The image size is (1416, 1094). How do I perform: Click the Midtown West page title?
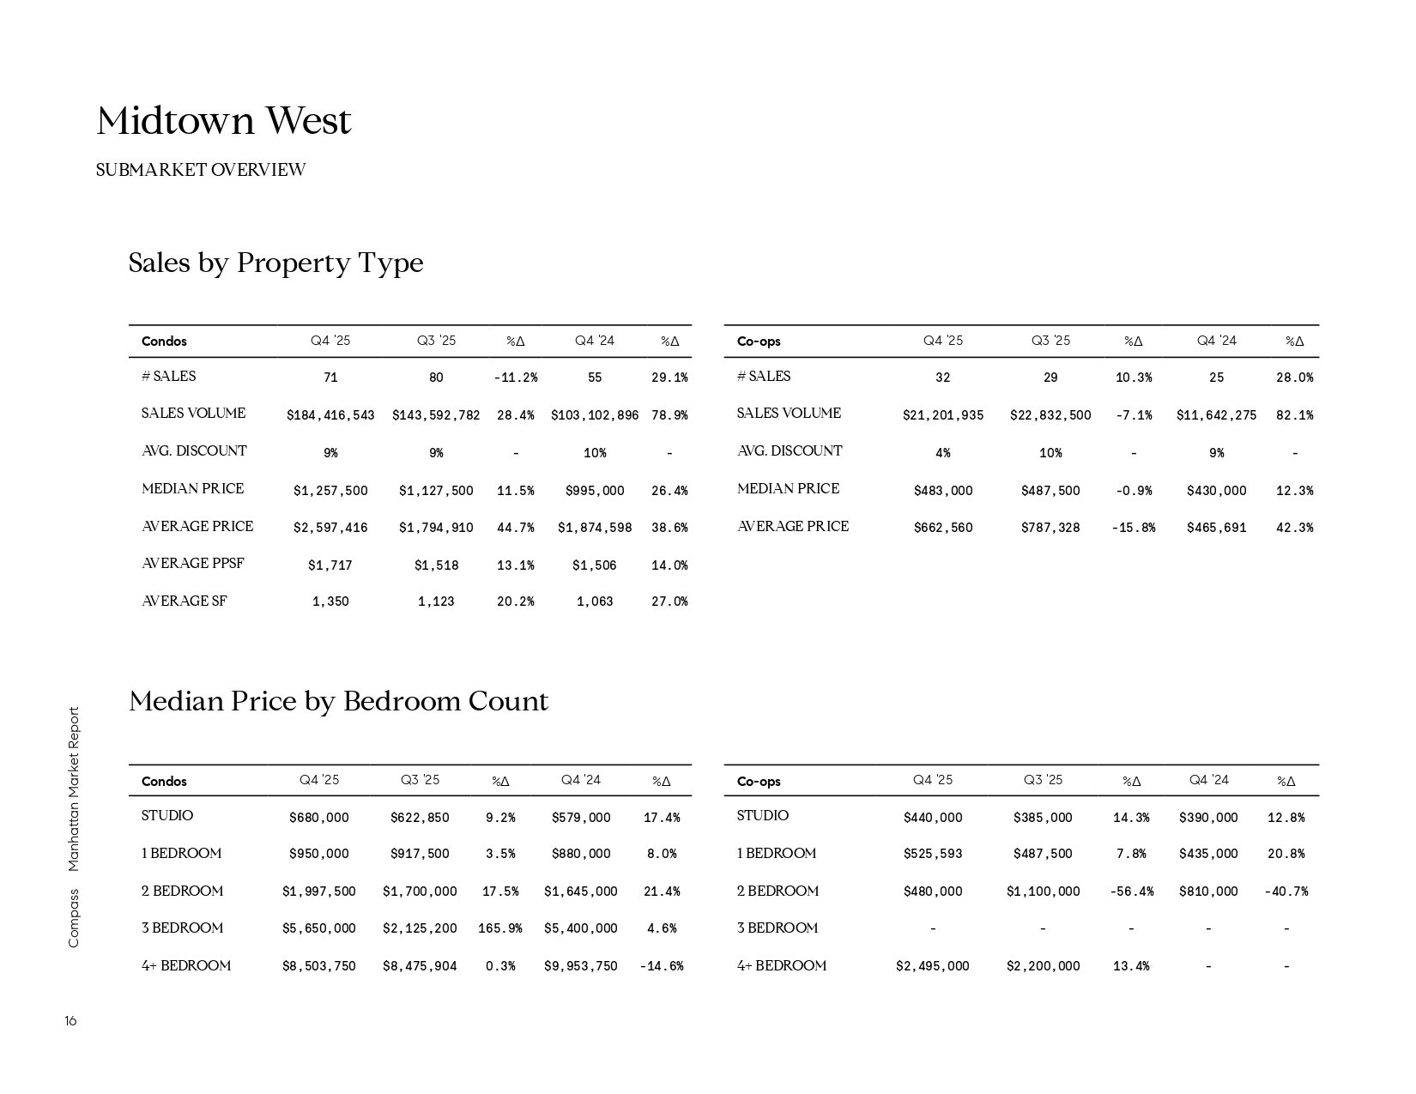(x=224, y=121)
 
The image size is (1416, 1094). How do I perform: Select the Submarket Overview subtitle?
(x=201, y=170)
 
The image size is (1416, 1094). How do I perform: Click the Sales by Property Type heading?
(x=275, y=263)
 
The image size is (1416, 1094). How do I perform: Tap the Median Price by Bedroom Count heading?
(x=338, y=702)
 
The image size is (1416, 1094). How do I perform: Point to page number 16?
(x=70, y=1021)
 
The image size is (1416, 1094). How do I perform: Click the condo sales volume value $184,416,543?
(x=330, y=415)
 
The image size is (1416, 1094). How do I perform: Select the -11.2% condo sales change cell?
(x=515, y=378)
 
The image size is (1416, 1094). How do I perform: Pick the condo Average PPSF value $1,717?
(x=330, y=565)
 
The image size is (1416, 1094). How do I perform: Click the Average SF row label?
(x=185, y=601)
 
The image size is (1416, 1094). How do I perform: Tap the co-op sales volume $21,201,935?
(x=942, y=415)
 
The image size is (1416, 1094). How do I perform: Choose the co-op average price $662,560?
(x=942, y=528)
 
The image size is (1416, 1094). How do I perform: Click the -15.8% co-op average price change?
(x=1133, y=528)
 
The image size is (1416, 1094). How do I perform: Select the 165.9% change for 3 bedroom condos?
(x=499, y=928)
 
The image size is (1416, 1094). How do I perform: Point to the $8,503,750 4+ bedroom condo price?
(x=318, y=966)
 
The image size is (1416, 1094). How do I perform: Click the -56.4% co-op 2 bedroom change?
(x=1131, y=892)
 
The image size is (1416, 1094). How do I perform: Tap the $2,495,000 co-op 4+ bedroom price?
(x=932, y=966)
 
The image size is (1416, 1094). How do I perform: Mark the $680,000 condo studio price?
(x=318, y=818)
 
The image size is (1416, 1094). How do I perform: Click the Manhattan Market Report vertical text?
(x=73, y=789)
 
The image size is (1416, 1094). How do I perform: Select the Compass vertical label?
(x=73, y=918)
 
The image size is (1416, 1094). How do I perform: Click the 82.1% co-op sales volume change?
(x=1294, y=415)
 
